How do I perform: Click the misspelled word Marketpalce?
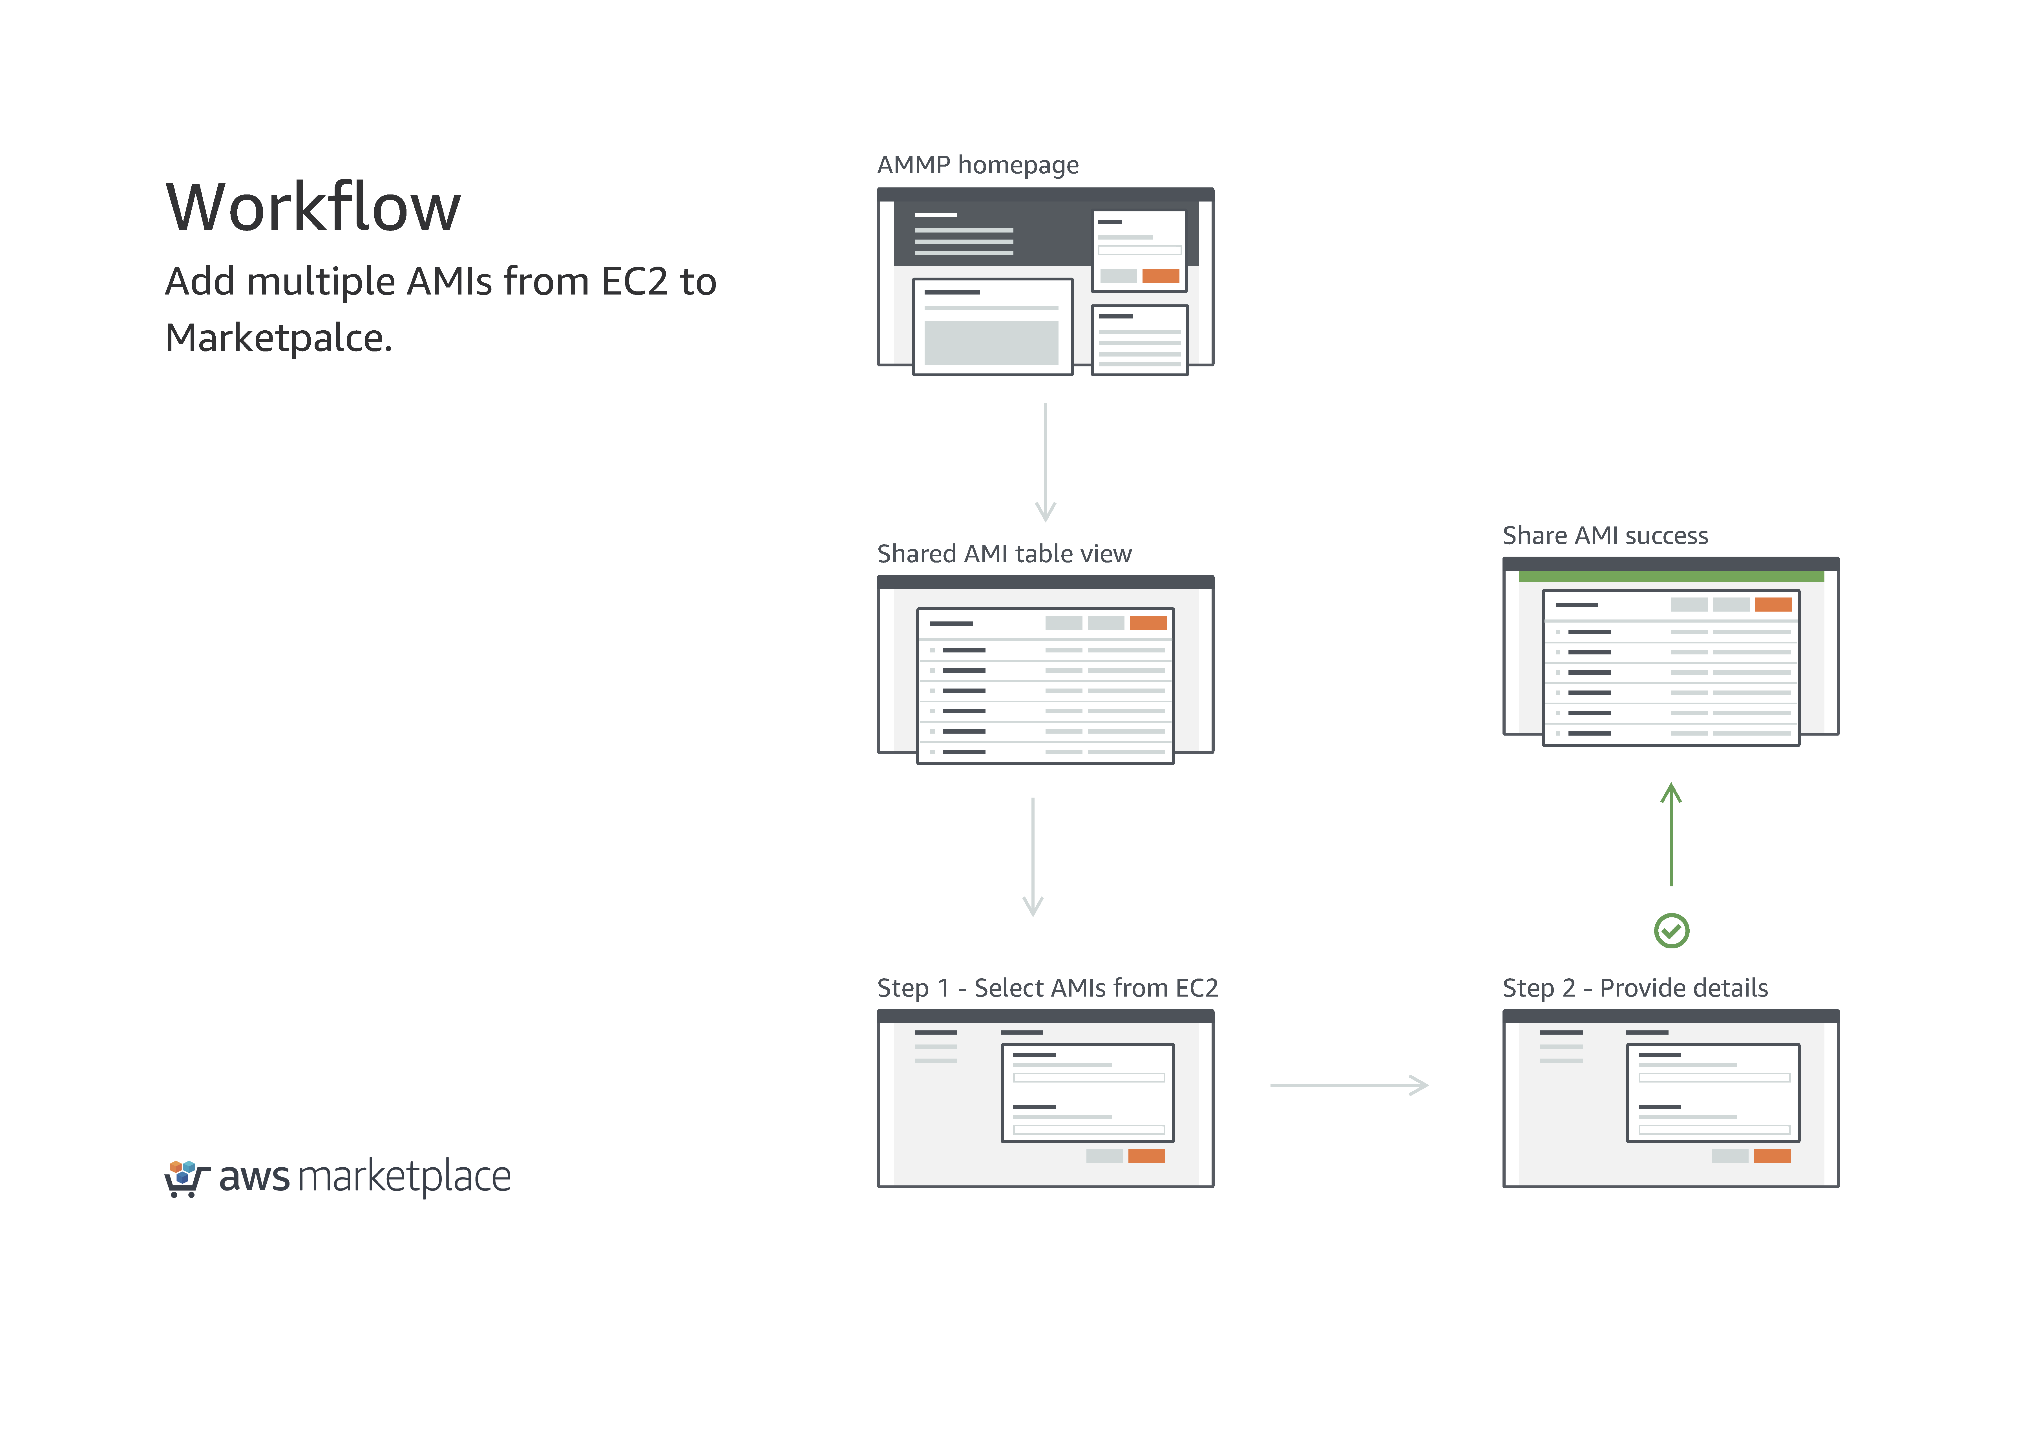(278, 338)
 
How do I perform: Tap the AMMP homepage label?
(977, 165)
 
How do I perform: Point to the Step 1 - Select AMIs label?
(1047, 988)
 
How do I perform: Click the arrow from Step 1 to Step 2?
(1349, 1085)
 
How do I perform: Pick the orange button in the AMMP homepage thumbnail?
(1160, 276)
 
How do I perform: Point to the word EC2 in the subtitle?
(633, 282)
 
